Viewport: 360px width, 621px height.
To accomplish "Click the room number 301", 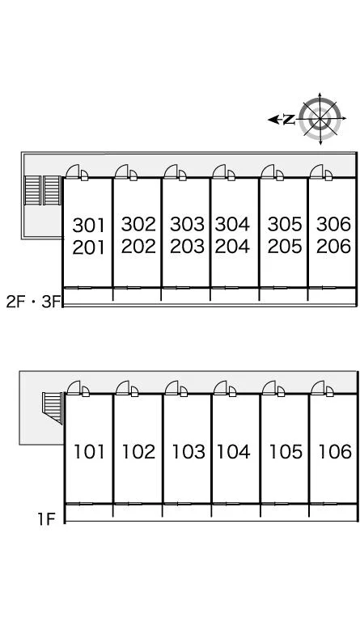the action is (88, 226).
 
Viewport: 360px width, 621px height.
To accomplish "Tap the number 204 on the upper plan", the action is (232, 247).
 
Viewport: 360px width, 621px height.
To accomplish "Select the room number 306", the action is (334, 224).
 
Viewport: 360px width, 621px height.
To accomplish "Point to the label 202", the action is (138, 247).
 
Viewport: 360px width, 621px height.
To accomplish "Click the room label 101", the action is (89, 451).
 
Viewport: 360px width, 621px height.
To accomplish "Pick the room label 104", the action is (233, 451).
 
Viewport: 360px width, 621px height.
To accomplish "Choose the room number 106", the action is (335, 451).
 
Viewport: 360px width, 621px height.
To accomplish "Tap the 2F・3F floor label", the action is (33, 302).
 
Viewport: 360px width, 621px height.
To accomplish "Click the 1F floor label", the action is (47, 518).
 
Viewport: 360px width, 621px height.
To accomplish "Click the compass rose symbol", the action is (320, 118).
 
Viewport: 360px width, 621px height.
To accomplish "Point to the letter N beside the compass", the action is (289, 119).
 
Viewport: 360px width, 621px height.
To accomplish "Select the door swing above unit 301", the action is (73, 171).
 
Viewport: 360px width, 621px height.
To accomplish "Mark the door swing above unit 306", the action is (317, 171).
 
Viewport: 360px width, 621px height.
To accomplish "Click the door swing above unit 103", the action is (172, 388).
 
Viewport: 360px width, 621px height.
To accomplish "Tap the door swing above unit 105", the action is (269, 388).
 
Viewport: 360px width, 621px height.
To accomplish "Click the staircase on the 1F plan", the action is (53, 408).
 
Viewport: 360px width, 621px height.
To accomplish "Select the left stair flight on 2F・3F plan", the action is (32, 191).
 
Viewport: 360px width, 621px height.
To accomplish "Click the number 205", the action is (285, 247).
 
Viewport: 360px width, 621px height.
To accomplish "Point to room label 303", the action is (187, 224).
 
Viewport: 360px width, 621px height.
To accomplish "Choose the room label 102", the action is (138, 451).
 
